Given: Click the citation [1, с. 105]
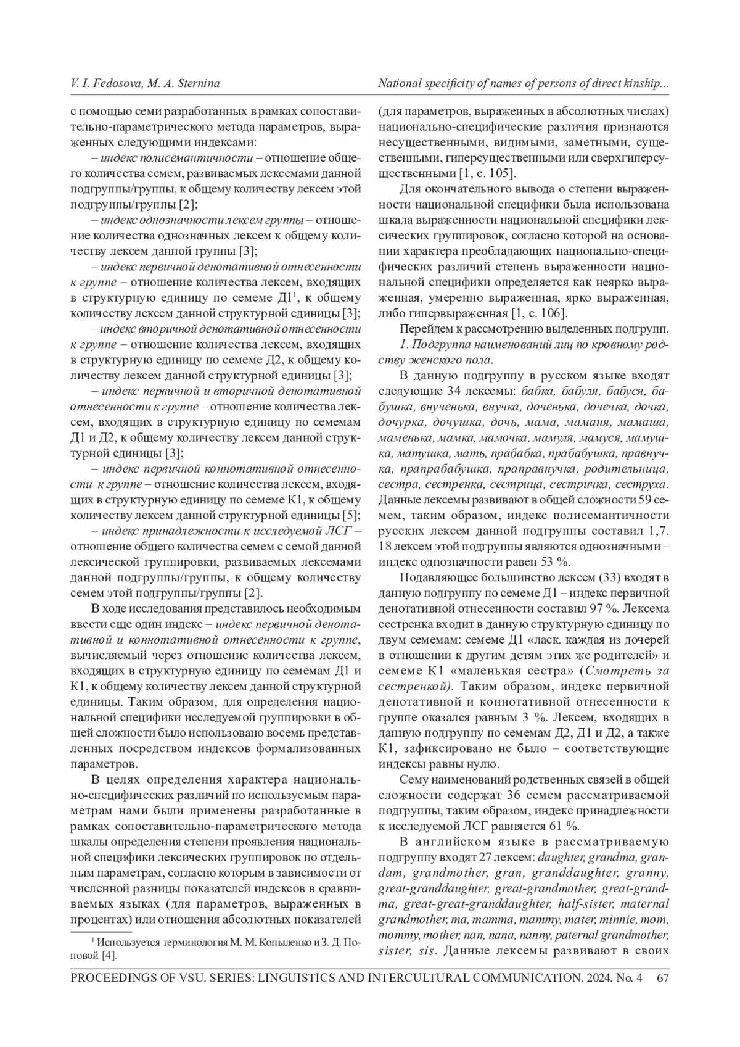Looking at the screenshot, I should [x=487, y=173].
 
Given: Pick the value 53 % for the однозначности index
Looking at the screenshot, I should [x=551, y=561].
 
